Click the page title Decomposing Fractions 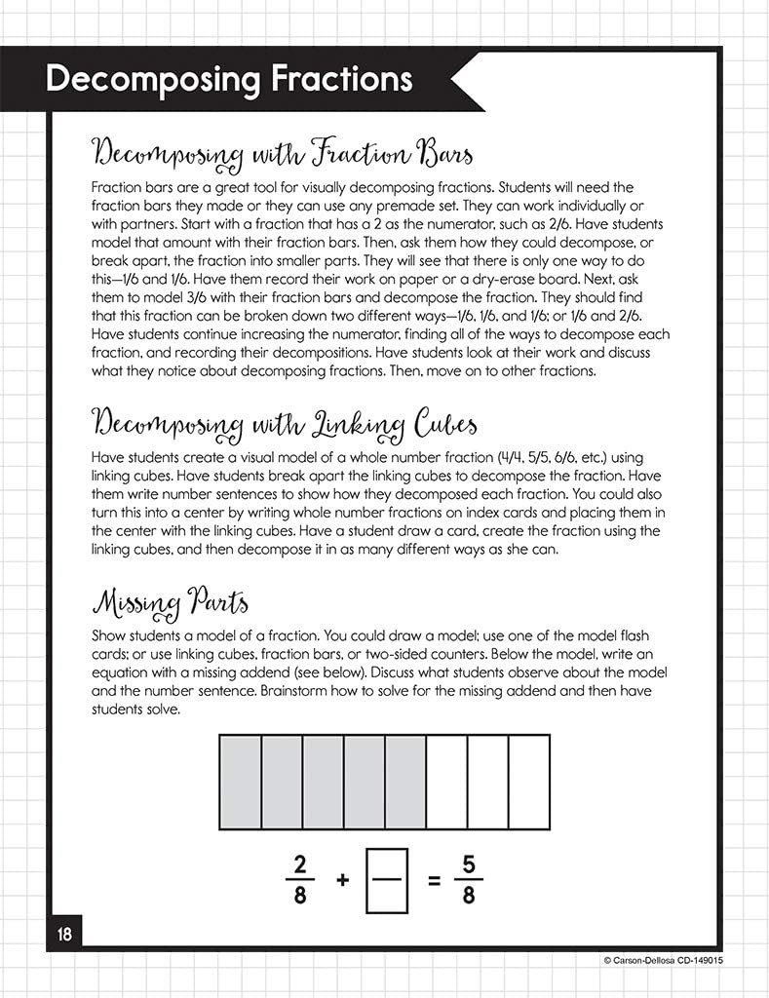[x=228, y=80]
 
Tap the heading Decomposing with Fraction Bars [x=282, y=154]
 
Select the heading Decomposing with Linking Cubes [x=284, y=425]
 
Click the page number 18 [x=64, y=934]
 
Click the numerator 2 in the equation [x=301, y=863]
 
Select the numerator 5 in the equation [x=469, y=863]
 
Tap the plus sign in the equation [x=343, y=879]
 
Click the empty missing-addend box [x=385, y=879]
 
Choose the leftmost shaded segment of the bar [x=240, y=782]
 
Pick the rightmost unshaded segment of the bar [x=528, y=782]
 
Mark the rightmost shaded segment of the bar [x=404, y=782]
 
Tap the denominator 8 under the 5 [x=469, y=895]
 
